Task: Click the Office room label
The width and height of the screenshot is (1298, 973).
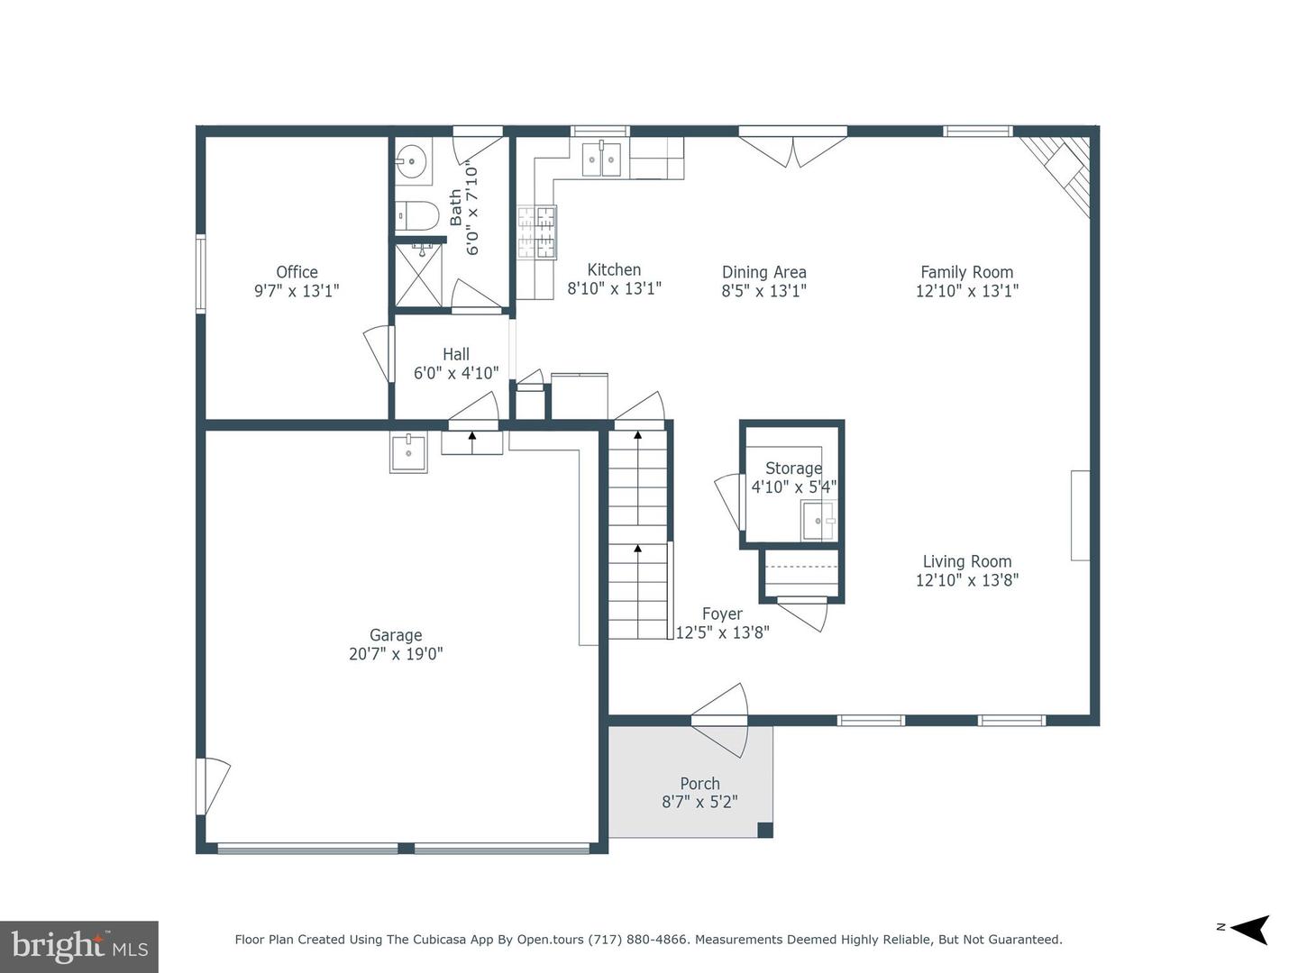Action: pyautogui.click(x=297, y=272)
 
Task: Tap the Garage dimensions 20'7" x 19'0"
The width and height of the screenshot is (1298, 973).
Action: pyautogui.click(x=396, y=654)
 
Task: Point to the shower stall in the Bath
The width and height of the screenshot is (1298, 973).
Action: pyautogui.click(x=418, y=276)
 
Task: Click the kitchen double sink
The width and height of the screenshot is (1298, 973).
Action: pyautogui.click(x=601, y=159)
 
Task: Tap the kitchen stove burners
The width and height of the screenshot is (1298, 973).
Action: pyautogui.click(x=537, y=232)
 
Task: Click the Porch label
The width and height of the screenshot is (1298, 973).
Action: pyautogui.click(x=699, y=784)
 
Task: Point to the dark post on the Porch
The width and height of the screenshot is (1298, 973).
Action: pyautogui.click(x=765, y=830)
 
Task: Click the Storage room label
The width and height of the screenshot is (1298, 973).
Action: pyautogui.click(x=793, y=468)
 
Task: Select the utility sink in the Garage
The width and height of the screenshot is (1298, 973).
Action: pyautogui.click(x=408, y=453)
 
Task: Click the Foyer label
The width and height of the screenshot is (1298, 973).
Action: pyautogui.click(x=722, y=614)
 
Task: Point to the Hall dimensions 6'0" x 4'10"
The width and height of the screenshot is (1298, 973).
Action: pyautogui.click(x=456, y=373)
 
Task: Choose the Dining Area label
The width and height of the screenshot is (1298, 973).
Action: pyautogui.click(x=764, y=272)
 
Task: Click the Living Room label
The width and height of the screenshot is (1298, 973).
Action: pyautogui.click(x=967, y=561)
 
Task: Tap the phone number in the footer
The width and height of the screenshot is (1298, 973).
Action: pyautogui.click(x=639, y=940)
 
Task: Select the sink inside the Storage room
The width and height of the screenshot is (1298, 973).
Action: pyautogui.click(x=818, y=521)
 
